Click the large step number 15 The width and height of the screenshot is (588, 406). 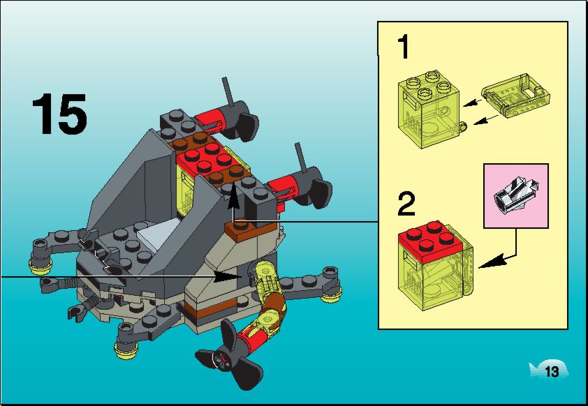[59, 114]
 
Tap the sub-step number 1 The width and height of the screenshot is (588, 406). [404, 47]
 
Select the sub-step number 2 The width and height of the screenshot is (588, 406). [406, 204]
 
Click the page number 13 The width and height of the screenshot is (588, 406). [552, 372]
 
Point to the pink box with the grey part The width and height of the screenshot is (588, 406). [515, 195]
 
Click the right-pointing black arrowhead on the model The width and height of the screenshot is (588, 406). [228, 276]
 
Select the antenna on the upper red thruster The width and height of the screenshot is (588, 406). [227, 93]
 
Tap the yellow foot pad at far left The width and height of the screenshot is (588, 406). [40, 265]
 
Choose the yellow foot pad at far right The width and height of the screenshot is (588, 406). [331, 296]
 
